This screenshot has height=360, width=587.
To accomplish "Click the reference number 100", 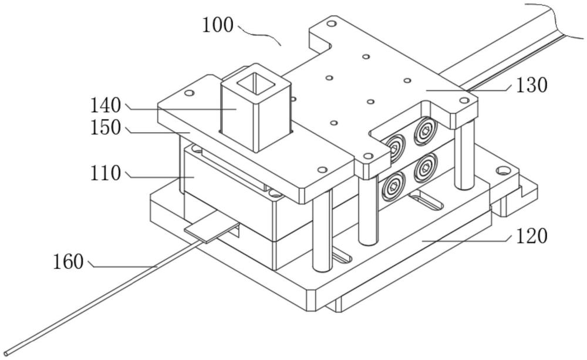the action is pos(218,25).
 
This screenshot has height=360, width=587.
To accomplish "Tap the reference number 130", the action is pos(532,85).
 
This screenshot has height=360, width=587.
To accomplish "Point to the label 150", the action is pos(106,127).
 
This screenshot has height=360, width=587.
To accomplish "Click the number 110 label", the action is pos(106,173).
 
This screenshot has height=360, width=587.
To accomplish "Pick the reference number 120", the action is pos(532,236).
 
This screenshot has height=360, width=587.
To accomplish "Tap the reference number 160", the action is pos(68,261).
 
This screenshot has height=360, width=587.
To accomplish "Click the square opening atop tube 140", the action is pos(255,82).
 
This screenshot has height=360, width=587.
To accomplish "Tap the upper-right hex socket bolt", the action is pos(426,131).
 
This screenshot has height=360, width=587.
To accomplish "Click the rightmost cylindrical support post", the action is pos(464,156).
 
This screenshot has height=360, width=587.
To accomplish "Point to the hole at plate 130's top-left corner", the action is pos(331,24).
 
